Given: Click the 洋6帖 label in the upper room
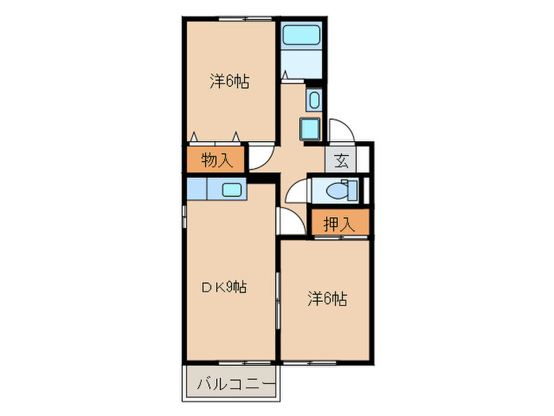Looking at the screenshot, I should (x=230, y=81).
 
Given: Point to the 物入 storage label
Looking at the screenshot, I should (x=216, y=160).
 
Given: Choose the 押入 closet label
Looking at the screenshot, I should (x=339, y=224).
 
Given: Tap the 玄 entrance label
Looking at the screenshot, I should (x=341, y=160).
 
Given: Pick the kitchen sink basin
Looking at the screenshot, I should (x=232, y=190).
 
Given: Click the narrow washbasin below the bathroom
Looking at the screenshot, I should (x=314, y=100).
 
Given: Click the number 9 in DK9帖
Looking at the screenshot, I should (x=230, y=287).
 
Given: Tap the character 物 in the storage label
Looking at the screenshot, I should (x=209, y=160).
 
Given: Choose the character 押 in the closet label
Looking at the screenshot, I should (x=332, y=224).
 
